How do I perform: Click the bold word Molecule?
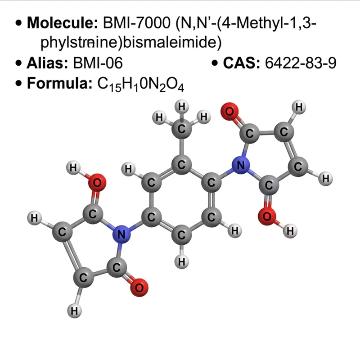(63, 23)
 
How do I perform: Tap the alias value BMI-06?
(98, 63)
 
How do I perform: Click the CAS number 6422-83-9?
(301, 63)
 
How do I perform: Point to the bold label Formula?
(59, 83)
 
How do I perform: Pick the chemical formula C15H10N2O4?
(141, 84)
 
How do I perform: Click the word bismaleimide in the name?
(172, 43)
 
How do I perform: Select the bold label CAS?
(242, 63)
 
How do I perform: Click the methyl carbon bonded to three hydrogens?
(181, 129)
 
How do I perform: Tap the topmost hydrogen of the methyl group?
(182, 107)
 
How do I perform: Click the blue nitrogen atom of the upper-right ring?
(241, 165)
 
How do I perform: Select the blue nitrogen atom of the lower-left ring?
(121, 234)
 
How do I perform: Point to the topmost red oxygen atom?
(229, 112)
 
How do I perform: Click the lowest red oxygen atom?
(139, 288)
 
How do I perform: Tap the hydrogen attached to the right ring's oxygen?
(290, 231)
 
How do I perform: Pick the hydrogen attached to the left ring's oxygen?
(73, 168)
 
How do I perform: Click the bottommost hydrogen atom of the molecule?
(74, 311)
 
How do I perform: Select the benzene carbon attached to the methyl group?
(181, 165)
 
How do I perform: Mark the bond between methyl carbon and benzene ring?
(181, 147)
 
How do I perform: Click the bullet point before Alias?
(18, 63)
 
